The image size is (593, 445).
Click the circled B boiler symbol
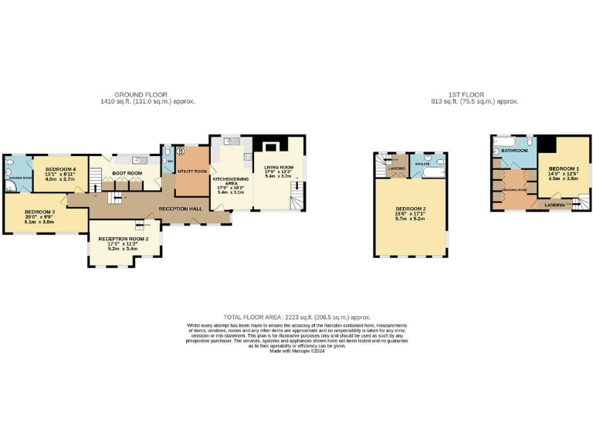180,151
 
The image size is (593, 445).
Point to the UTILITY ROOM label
192,171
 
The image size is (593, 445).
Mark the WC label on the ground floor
168,162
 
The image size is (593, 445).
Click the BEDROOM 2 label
410,209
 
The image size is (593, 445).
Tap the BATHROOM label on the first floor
513,151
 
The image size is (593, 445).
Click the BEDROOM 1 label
564,168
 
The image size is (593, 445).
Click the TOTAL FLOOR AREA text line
296,318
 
